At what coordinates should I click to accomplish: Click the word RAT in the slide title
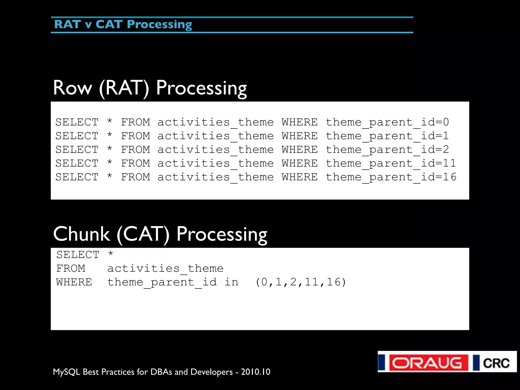click(x=67, y=24)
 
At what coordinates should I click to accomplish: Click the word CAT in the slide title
click(x=109, y=24)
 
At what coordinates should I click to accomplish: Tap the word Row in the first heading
click(x=72, y=88)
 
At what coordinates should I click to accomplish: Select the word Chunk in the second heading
click(x=82, y=234)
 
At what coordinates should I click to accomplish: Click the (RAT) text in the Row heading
click(x=124, y=88)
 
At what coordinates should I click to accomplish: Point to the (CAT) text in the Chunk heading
click(x=143, y=234)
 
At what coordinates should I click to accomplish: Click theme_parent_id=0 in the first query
click(x=387, y=122)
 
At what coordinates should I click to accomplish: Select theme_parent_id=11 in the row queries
click(x=391, y=164)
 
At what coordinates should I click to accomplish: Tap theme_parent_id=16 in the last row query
click(x=391, y=177)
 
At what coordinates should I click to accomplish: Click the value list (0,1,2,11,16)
click(x=301, y=282)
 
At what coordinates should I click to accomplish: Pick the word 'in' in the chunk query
click(x=231, y=282)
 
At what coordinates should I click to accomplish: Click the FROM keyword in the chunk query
click(x=71, y=269)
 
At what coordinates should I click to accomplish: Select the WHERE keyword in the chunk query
click(x=74, y=282)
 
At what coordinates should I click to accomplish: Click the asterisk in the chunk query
click(x=111, y=254)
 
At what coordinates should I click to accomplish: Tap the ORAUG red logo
click(x=429, y=363)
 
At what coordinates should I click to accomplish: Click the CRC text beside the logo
click(x=496, y=363)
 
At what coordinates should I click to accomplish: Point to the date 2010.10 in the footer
click(x=255, y=372)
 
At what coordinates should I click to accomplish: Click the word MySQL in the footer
click(x=67, y=372)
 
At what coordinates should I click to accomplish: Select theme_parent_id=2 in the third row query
click(x=387, y=150)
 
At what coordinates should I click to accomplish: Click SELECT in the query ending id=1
click(x=77, y=136)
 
